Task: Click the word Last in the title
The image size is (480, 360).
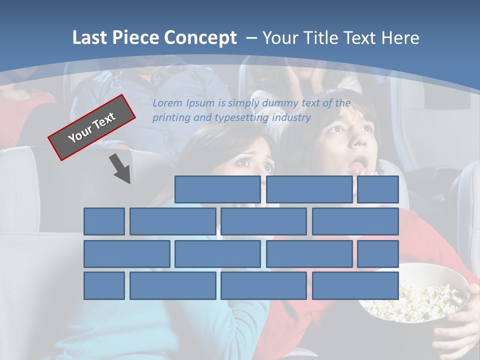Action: click(x=90, y=37)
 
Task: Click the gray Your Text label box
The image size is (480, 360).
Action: click(x=92, y=127)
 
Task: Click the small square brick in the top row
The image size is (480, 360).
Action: click(x=378, y=189)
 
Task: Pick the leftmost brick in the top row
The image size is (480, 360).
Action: click(x=217, y=189)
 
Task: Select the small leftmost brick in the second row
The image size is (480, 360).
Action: click(x=104, y=221)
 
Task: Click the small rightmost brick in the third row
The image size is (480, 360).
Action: click(x=378, y=254)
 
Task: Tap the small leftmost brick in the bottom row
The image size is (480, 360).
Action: click(x=104, y=286)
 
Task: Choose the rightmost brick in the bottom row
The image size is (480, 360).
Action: click(x=355, y=286)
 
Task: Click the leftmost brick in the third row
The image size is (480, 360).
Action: click(x=126, y=254)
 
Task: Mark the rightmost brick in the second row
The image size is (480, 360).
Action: click(x=355, y=221)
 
